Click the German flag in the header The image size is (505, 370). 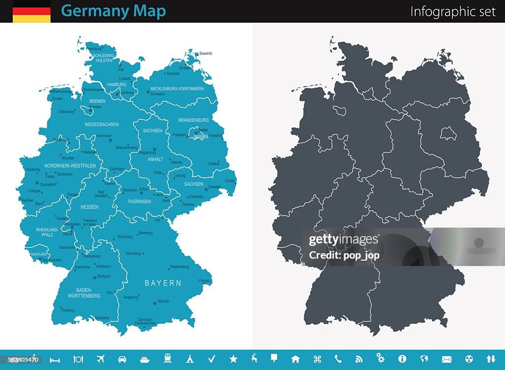32,11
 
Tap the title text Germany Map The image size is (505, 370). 113,11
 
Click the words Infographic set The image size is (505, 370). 453,12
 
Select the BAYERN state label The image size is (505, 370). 163,283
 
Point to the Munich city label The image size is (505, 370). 163,301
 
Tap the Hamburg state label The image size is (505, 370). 117,85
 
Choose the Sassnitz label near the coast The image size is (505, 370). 206,53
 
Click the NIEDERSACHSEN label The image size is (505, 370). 102,125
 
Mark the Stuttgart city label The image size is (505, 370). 104,276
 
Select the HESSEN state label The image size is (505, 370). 89,207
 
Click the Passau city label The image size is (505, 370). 205,280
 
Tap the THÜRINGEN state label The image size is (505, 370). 139,202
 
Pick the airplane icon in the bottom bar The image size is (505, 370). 101,359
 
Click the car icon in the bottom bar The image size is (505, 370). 122,359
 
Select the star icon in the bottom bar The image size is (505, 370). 233,359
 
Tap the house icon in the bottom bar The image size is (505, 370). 295,359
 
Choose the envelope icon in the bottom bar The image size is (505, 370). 447,359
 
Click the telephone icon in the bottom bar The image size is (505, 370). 338,359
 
